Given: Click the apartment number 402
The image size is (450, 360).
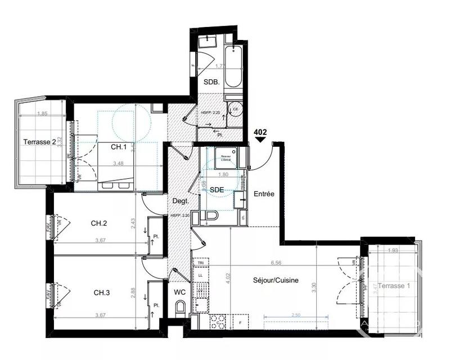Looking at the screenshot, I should [x=260, y=133].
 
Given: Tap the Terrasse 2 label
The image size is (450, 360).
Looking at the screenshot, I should [x=39, y=142].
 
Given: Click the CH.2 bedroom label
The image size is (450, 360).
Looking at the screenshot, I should [x=99, y=223].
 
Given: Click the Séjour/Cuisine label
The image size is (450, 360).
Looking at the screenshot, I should [x=276, y=281].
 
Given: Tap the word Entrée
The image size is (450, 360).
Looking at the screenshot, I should [x=264, y=194].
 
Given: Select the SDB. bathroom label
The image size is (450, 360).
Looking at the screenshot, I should [x=211, y=82].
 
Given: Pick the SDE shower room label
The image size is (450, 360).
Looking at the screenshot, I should [x=217, y=190].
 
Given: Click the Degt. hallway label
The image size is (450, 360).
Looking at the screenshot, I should [x=180, y=200].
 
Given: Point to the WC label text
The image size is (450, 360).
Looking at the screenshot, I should [x=180, y=291].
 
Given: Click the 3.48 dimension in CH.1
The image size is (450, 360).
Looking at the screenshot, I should [x=118, y=164].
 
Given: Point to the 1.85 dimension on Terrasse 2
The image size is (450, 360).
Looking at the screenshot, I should [x=42, y=114].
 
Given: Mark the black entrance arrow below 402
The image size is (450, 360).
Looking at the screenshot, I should [x=260, y=141].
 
